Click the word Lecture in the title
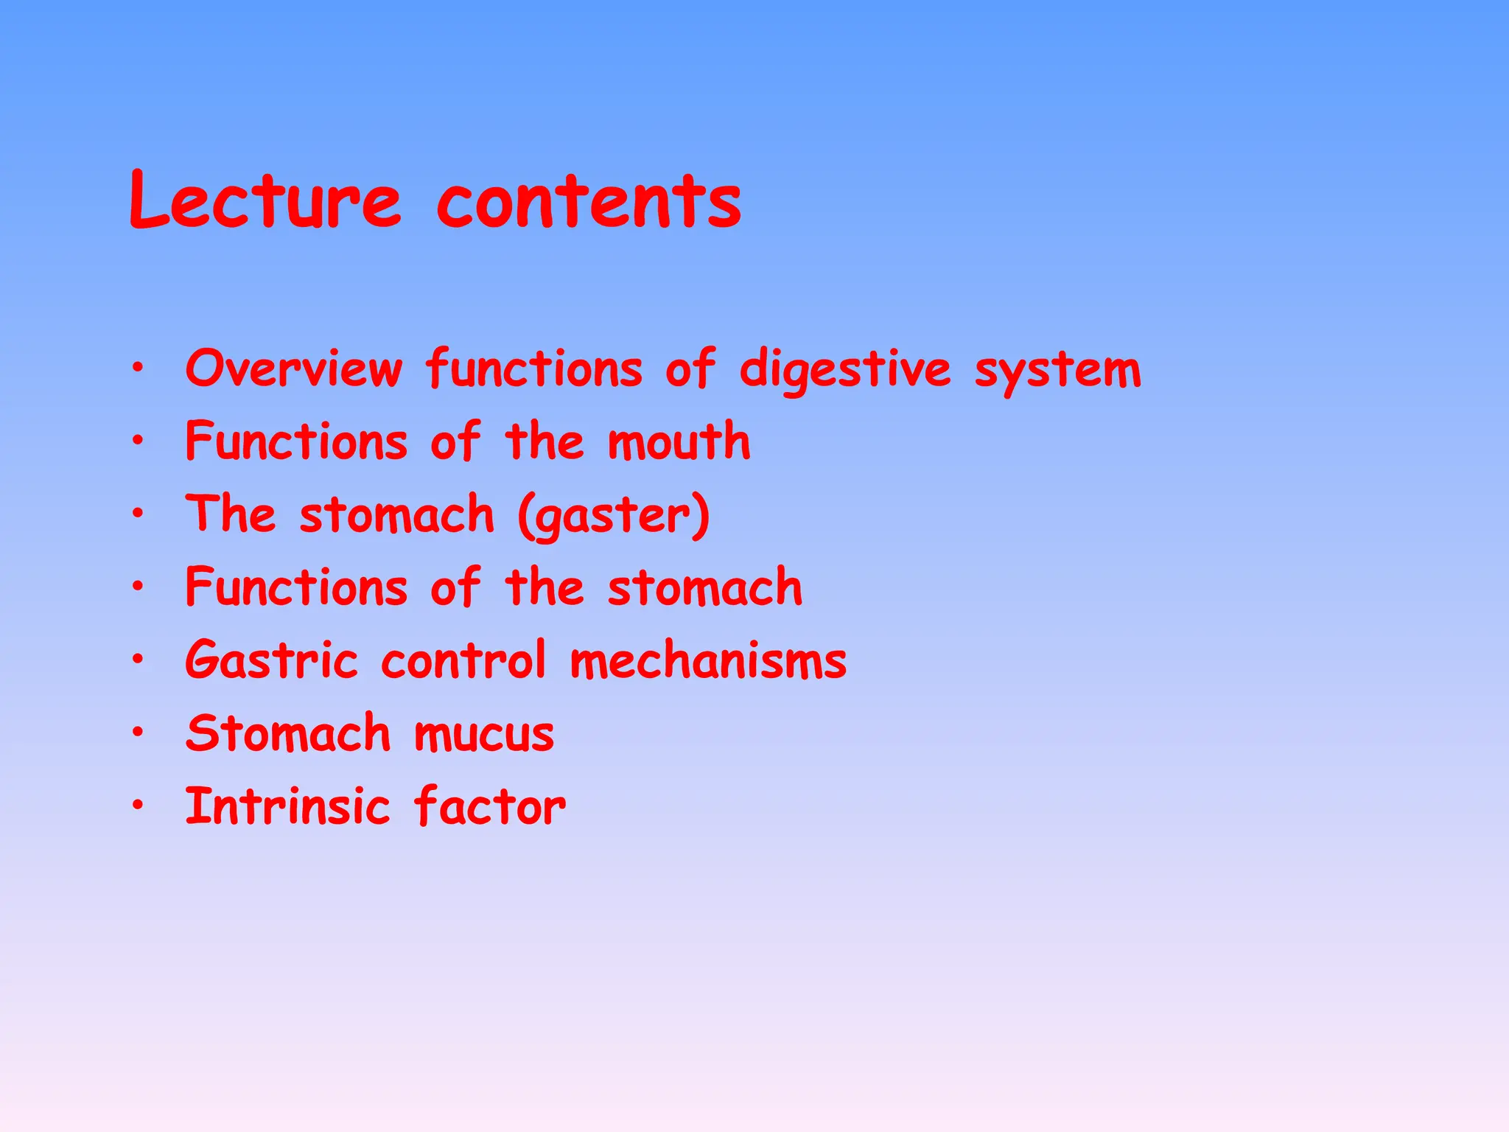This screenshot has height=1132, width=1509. click(265, 200)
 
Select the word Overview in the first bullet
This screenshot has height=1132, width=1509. click(294, 368)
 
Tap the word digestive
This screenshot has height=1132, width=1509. click(845, 371)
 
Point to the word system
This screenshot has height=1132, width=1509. click(1058, 371)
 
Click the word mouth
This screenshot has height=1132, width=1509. click(679, 441)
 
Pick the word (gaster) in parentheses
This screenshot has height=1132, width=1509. click(614, 515)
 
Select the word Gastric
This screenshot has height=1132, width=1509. click(271, 660)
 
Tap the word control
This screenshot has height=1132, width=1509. click(463, 660)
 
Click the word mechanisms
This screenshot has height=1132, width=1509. click(708, 660)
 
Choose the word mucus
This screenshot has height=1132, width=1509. click(483, 734)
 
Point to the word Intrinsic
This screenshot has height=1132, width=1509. click(287, 806)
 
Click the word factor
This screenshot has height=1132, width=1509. click(489, 806)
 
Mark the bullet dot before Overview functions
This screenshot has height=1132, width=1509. click(138, 366)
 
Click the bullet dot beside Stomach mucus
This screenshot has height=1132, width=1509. click(138, 731)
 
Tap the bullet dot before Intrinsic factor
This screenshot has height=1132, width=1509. click(138, 804)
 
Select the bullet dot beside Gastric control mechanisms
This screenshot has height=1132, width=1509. click(138, 658)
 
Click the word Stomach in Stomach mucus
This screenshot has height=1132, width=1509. click(288, 733)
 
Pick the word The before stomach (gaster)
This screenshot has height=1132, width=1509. click(231, 514)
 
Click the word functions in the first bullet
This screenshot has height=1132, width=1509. click(534, 368)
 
